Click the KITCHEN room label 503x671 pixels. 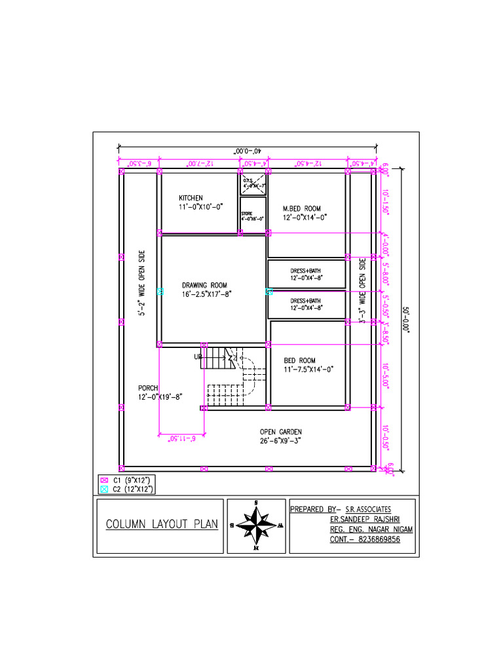point(191,198)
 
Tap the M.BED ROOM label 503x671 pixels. point(302,209)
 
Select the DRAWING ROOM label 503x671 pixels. point(204,285)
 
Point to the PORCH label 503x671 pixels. point(148,388)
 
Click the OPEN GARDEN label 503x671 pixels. point(280,431)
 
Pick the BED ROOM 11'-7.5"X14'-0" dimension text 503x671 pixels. point(308,370)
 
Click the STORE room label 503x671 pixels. point(246,214)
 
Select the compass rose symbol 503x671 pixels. point(256,526)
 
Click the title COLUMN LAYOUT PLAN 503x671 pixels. point(161,525)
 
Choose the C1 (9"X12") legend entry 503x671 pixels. point(132,480)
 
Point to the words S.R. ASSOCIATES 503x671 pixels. point(368,509)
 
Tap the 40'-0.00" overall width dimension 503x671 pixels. point(248,151)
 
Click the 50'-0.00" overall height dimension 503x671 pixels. point(405,319)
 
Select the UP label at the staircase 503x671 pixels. point(198,357)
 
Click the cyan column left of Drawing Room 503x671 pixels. point(160,291)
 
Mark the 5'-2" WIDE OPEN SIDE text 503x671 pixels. point(142,282)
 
